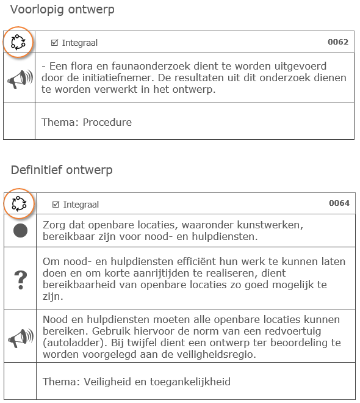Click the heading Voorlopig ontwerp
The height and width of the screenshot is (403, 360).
click(x=62, y=10)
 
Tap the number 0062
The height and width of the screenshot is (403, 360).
click(x=337, y=42)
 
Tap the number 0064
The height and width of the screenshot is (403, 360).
click(x=339, y=203)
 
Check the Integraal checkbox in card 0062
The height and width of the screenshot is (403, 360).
click(x=54, y=43)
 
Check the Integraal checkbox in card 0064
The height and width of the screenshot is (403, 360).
click(x=56, y=205)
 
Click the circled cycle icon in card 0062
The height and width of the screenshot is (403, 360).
click(x=18, y=42)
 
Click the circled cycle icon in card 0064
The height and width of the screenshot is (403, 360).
click(x=20, y=203)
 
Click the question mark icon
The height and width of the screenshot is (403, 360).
click(x=20, y=279)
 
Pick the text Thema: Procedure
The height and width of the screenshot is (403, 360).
click(x=86, y=122)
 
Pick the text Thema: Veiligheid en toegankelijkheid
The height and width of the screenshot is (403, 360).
click(x=136, y=382)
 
